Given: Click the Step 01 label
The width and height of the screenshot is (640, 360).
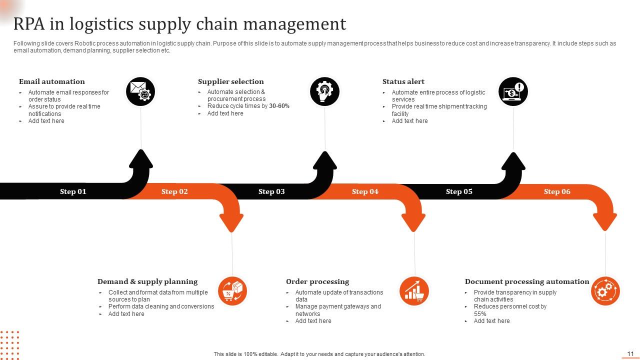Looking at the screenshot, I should [x=73, y=191].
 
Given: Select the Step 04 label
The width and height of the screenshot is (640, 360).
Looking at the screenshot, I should [x=365, y=191].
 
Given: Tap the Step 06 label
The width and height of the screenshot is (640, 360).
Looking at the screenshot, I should [x=557, y=191].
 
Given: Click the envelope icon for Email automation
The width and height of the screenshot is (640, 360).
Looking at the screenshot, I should [x=140, y=91].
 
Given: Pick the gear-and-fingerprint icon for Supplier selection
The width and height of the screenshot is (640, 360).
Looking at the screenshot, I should [x=324, y=91].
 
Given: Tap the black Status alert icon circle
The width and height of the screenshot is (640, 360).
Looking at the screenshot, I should [x=513, y=91].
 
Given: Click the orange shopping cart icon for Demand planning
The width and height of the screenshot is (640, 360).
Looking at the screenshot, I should [x=232, y=290].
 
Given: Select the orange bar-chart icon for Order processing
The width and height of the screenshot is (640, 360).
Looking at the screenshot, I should [x=414, y=290].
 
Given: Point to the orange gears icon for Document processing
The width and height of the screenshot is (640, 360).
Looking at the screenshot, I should [x=605, y=290].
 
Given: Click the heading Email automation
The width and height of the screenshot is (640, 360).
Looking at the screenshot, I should [x=52, y=81].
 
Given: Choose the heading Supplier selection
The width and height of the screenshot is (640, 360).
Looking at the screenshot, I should [x=230, y=81].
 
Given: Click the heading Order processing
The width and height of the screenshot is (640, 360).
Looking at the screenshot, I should [x=317, y=281].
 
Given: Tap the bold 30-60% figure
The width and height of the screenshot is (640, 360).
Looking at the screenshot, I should [x=279, y=106].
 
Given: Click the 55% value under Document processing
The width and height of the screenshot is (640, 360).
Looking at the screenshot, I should [x=480, y=314].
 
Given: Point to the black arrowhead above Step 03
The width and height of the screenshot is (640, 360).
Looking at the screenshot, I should [x=325, y=161].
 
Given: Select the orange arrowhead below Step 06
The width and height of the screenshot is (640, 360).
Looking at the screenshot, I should [x=605, y=220].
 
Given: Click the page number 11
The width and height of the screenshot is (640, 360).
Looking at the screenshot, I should [x=630, y=353].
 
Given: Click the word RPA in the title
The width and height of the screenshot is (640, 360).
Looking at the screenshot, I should [x=31, y=24].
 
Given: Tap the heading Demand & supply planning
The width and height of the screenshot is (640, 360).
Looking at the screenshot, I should [x=147, y=281].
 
